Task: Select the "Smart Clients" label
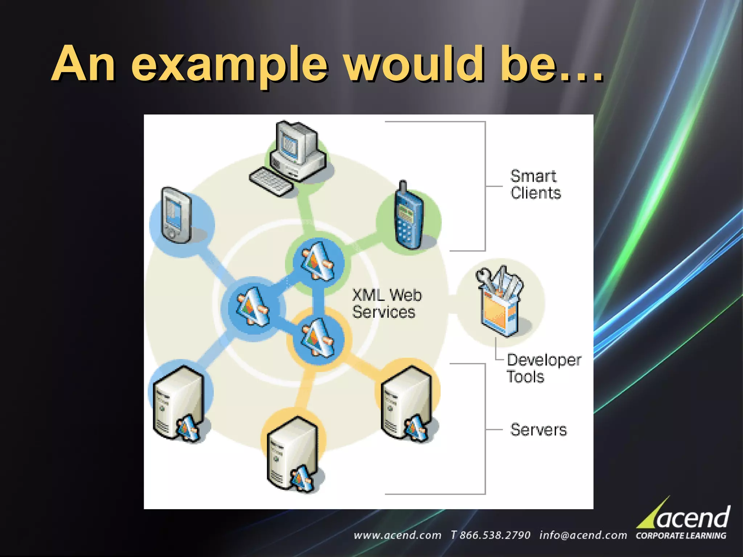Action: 535,185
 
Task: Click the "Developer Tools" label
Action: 543,368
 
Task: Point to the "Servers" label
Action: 538,430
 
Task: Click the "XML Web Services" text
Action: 386,304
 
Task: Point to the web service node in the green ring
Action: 318,261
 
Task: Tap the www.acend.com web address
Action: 397,535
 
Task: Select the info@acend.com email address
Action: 583,535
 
